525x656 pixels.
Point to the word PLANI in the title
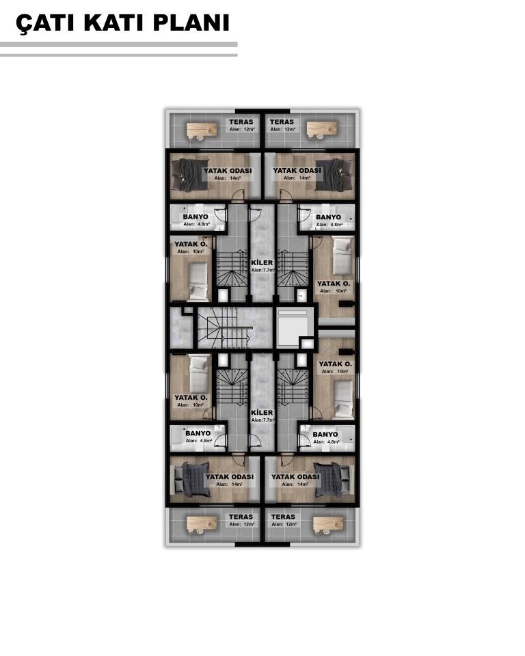[191, 23]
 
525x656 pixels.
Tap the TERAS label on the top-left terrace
[241, 122]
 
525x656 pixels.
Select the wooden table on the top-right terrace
[321, 129]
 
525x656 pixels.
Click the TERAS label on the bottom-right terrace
[284, 517]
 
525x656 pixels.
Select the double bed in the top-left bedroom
[189, 175]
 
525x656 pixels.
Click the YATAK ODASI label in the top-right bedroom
[297, 171]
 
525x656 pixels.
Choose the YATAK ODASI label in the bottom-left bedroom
[230, 476]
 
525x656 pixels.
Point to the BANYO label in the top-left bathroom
[196, 217]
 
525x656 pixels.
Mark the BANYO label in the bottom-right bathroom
[325, 435]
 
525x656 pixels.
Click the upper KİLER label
[262, 262]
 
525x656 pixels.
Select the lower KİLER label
[262, 413]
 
